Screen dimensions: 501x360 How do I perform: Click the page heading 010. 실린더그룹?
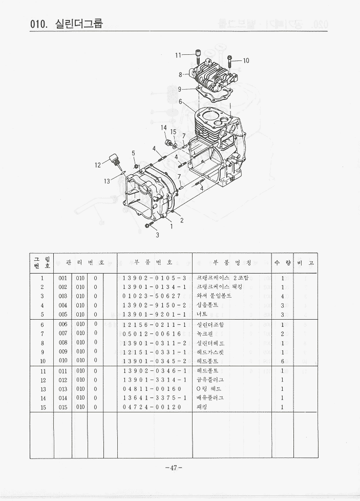[x=67, y=23]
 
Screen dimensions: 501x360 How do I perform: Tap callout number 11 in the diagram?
[x=178, y=55]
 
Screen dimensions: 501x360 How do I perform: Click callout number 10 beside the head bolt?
[x=246, y=60]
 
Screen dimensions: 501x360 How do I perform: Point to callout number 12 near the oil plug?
[x=98, y=165]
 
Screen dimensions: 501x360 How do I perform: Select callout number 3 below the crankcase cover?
[x=158, y=235]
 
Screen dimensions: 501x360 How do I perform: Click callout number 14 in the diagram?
[x=164, y=128]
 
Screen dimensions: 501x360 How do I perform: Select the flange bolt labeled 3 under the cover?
[x=149, y=225]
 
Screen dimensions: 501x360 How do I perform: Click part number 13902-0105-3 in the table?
[x=154, y=278]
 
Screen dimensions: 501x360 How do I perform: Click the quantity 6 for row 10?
[x=282, y=361]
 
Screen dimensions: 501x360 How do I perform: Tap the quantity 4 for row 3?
[x=282, y=296]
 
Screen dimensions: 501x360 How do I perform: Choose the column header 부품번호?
[x=154, y=262]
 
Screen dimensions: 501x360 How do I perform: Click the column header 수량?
[x=282, y=262]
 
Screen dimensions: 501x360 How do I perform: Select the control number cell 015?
[x=63, y=407]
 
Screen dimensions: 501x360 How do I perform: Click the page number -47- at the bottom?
[x=174, y=467]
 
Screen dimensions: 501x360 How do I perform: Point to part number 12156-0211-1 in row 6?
[x=154, y=325]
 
